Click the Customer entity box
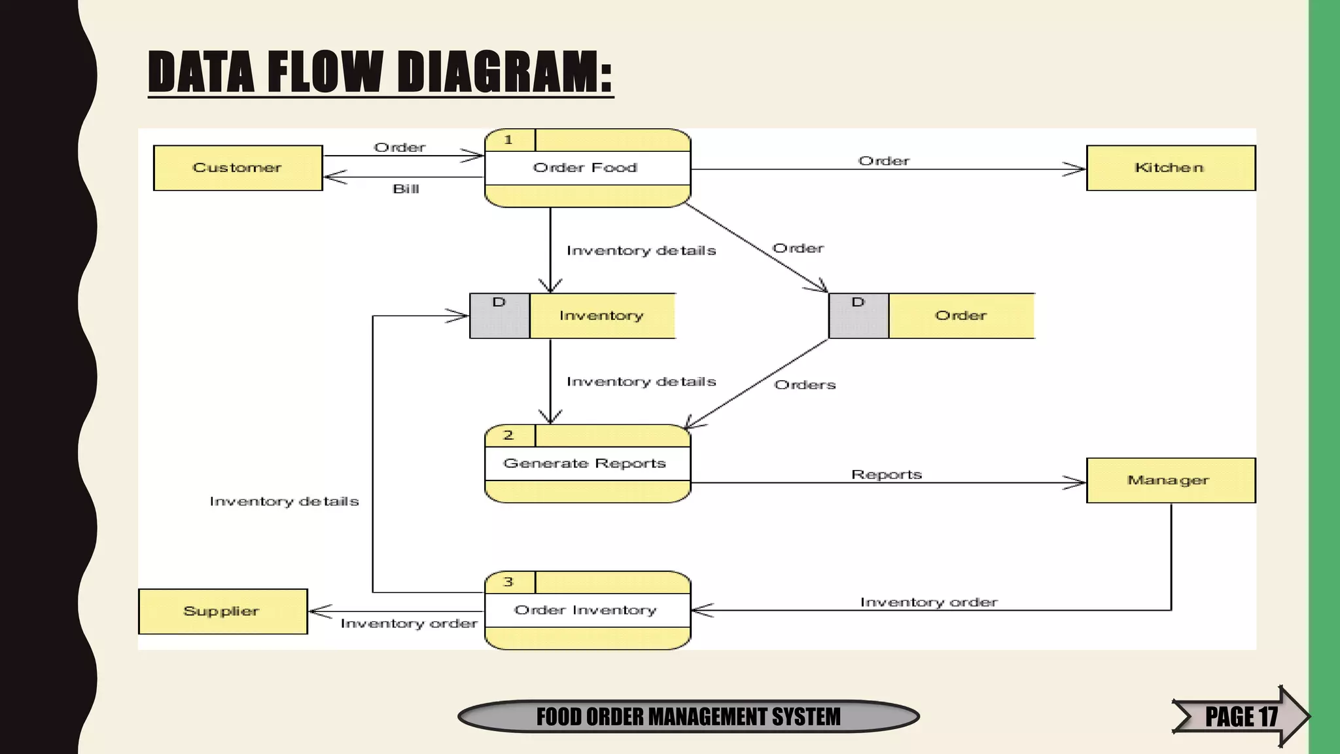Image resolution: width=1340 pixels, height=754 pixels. [x=238, y=168]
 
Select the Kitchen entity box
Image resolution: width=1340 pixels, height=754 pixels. [x=1170, y=168]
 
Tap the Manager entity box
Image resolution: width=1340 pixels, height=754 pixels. [x=1170, y=480]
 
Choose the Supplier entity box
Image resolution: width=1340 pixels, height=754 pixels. [x=222, y=611]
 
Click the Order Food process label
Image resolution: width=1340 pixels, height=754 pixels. [x=586, y=168]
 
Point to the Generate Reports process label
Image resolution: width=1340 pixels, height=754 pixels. [x=584, y=463]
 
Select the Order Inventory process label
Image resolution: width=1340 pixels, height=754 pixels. [x=586, y=610]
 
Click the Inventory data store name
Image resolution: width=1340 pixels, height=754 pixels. [x=601, y=315]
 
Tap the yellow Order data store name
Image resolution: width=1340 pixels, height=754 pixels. [x=961, y=315]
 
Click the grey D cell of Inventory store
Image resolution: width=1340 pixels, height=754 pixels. [x=499, y=315]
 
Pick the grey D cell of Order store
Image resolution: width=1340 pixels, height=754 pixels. [x=858, y=315]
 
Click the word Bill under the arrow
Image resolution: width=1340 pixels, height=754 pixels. [x=406, y=189]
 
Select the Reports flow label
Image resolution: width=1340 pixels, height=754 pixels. [x=887, y=475]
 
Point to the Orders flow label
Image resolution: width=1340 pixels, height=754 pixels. [x=805, y=385]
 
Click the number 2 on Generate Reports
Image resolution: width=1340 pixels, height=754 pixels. [x=508, y=435]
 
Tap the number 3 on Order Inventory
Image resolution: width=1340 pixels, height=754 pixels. [x=508, y=582]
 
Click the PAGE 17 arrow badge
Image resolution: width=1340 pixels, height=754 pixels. [x=1240, y=716]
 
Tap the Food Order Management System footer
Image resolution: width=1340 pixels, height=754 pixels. [x=688, y=717]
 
